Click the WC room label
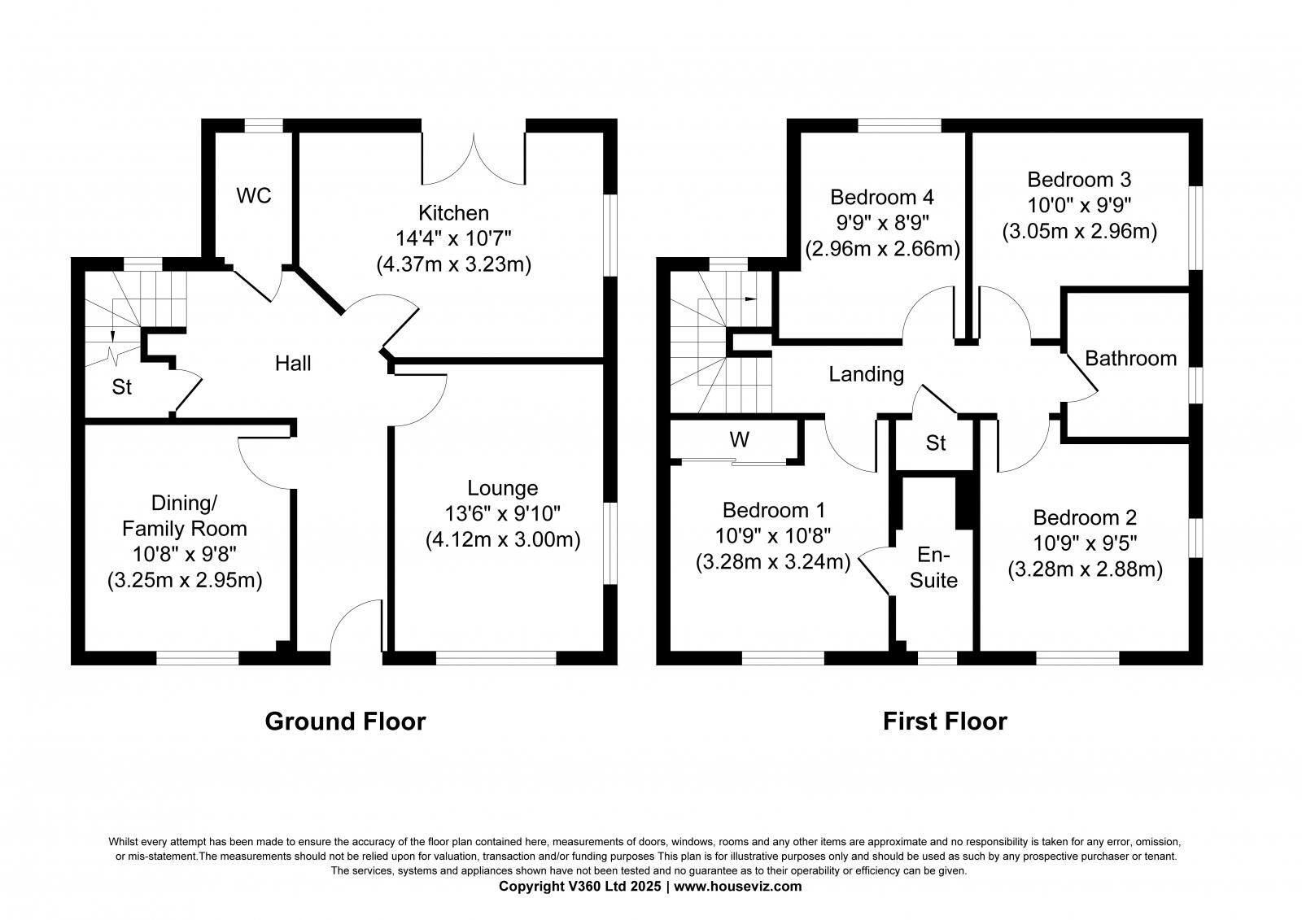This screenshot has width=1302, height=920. [253, 196]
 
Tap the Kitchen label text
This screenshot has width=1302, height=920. [453, 213]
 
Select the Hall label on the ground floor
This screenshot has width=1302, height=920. [293, 364]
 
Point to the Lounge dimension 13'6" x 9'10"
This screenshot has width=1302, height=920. [502, 514]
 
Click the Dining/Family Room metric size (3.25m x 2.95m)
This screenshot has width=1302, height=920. [185, 581]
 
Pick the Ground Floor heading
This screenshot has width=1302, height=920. [345, 722]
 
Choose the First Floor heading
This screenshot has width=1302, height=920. [945, 722]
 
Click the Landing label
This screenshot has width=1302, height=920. [866, 374]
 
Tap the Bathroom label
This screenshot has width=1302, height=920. [1130, 359]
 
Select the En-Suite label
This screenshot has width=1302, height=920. [933, 568]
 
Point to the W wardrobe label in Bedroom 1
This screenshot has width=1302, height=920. [739, 440]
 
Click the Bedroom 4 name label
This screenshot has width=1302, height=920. [882, 197]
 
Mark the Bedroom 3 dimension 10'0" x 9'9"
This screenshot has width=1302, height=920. [1079, 205]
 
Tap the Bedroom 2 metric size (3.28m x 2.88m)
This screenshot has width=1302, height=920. [1085, 569]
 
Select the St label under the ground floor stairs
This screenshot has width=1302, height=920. [122, 388]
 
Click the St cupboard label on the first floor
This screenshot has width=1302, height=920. [936, 443]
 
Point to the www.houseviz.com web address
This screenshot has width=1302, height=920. [737, 887]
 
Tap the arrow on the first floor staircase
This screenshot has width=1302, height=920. [749, 299]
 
